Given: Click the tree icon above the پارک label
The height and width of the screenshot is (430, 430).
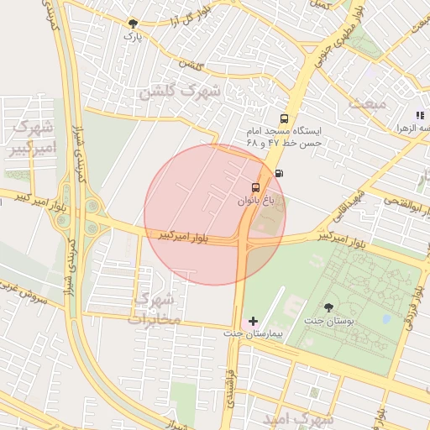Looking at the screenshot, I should pos(132,24).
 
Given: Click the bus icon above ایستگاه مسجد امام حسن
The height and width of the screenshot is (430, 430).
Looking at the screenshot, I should pos(284,118).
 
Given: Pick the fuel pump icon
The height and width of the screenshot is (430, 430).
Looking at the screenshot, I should pos(279,173).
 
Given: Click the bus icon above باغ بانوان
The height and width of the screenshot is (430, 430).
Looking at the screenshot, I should pos(256,187).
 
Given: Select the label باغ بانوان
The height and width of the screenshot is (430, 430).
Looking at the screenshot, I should pos(256,202).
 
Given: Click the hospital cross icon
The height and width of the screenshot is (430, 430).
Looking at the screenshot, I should pos(254,320).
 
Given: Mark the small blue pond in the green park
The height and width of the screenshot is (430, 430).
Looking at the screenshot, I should pos(385,319).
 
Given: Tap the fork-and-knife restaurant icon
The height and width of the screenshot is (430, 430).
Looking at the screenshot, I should pos(419,114).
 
